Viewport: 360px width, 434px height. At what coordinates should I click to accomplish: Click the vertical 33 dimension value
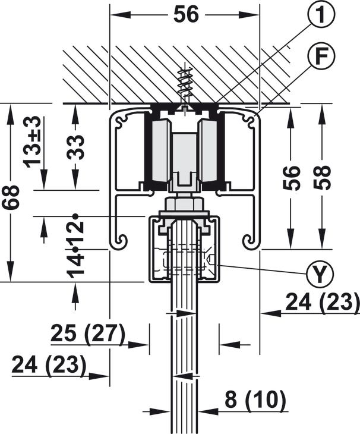[75, 146]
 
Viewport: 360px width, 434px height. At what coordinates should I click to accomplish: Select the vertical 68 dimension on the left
[11, 197]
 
